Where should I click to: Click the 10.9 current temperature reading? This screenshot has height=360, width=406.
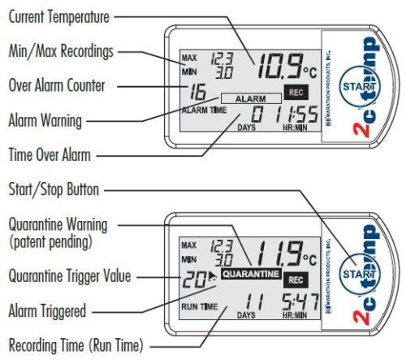click(279, 66)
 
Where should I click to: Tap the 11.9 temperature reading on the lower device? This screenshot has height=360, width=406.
click(279, 254)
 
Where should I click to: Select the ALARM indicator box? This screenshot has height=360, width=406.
click(251, 98)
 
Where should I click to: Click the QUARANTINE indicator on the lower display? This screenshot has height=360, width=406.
click(251, 274)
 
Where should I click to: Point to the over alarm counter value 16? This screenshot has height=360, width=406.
click(198, 92)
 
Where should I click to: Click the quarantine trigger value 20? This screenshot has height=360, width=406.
click(194, 279)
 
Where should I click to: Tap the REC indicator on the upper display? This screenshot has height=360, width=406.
click(296, 93)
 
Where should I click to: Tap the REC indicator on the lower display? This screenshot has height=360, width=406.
click(296, 280)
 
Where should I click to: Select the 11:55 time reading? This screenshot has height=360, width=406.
click(296, 114)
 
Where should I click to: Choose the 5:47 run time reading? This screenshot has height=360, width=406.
click(300, 301)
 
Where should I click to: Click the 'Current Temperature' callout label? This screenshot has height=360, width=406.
click(59, 17)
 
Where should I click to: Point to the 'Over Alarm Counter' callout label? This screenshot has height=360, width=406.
click(57, 85)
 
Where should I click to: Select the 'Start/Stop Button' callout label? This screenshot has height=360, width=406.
click(54, 189)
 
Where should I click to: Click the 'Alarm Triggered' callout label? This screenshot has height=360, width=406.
click(47, 310)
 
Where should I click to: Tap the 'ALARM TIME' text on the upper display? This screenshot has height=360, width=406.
click(204, 111)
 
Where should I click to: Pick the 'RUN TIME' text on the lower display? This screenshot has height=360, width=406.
click(200, 306)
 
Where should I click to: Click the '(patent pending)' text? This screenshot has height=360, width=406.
click(50, 242)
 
